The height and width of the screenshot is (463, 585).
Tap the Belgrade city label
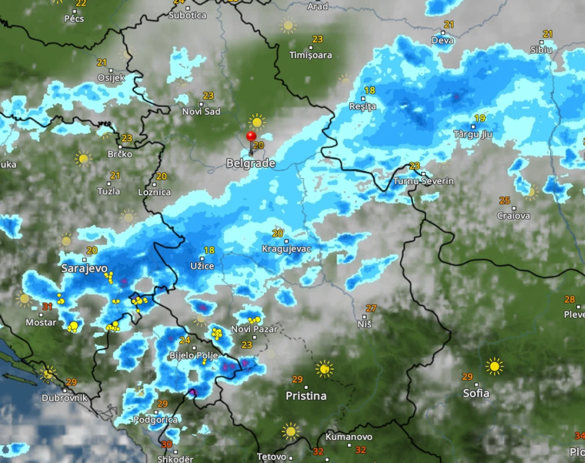[x=251, y=163]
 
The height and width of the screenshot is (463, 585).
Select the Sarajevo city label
[x=85, y=268]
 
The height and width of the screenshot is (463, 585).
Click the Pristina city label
[x=306, y=396]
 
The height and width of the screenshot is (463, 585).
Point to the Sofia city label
[x=476, y=393]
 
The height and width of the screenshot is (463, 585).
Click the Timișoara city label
[x=311, y=55]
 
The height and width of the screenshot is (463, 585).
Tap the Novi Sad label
[x=201, y=112]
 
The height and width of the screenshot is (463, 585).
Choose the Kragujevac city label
[x=286, y=249]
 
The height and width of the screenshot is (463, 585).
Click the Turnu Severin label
[x=423, y=181]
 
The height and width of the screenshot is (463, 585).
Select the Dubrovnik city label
[x=65, y=398]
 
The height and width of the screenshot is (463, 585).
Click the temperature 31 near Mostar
[x=47, y=307]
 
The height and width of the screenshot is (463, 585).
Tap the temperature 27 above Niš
[x=372, y=308]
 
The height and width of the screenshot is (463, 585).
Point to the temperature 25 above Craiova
[x=505, y=200]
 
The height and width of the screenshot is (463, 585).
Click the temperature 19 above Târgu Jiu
[x=480, y=118]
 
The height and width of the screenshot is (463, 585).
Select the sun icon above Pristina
[x=324, y=369]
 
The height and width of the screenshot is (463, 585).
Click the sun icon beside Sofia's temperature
[x=495, y=366]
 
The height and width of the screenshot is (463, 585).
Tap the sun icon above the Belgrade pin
[x=256, y=121]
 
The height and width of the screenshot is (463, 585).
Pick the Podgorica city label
[x=155, y=420]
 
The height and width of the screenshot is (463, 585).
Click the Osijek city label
[x=111, y=78]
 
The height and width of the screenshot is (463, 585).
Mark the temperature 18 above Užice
[x=209, y=251]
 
